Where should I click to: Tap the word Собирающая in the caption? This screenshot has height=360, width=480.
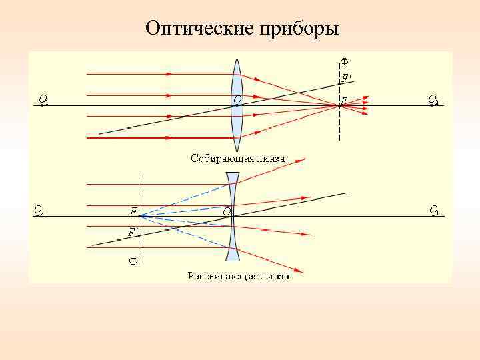tap(217, 159)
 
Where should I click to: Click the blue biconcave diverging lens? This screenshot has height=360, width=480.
tap(233, 217)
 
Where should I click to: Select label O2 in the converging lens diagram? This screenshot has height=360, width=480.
tap(433, 100)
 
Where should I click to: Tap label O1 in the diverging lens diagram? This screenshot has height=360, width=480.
tap(434, 210)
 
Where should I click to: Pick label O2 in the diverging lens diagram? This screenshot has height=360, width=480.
tap(39, 211)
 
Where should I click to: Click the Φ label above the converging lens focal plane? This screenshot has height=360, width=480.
tap(344, 62)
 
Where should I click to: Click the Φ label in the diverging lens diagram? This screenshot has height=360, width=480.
tap(133, 261)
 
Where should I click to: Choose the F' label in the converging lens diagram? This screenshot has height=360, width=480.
tap(347, 78)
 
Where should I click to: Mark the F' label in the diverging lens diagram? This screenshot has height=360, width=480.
tap(133, 233)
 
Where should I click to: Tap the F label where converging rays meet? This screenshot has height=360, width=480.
tap(344, 100)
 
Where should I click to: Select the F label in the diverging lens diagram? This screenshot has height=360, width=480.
tap(133, 211)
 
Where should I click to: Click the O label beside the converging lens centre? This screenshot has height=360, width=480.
tap(237, 100)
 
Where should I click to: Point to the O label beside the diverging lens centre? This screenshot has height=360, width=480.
tap(227, 211)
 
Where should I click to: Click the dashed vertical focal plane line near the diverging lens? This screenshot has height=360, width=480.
tap(139, 190)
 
